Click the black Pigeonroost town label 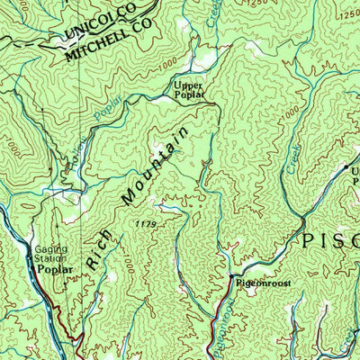tap(260, 283)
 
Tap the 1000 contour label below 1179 tap(128, 266)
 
